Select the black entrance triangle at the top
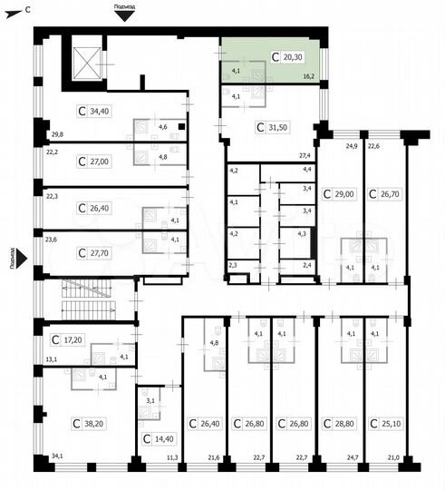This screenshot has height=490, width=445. pyautogui.click(x=125, y=15)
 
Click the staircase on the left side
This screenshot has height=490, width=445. pyautogui.click(x=85, y=297)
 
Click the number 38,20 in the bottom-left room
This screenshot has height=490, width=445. pyautogui.click(x=93, y=423)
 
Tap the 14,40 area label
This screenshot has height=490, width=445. pyautogui.click(x=164, y=438)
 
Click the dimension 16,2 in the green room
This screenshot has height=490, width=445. pyautogui.click(x=309, y=78)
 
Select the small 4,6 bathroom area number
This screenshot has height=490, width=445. pyautogui.click(x=162, y=127)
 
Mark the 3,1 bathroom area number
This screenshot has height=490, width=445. pyautogui.click(x=151, y=400)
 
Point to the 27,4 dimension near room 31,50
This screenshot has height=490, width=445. pyautogui.click(x=305, y=156)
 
